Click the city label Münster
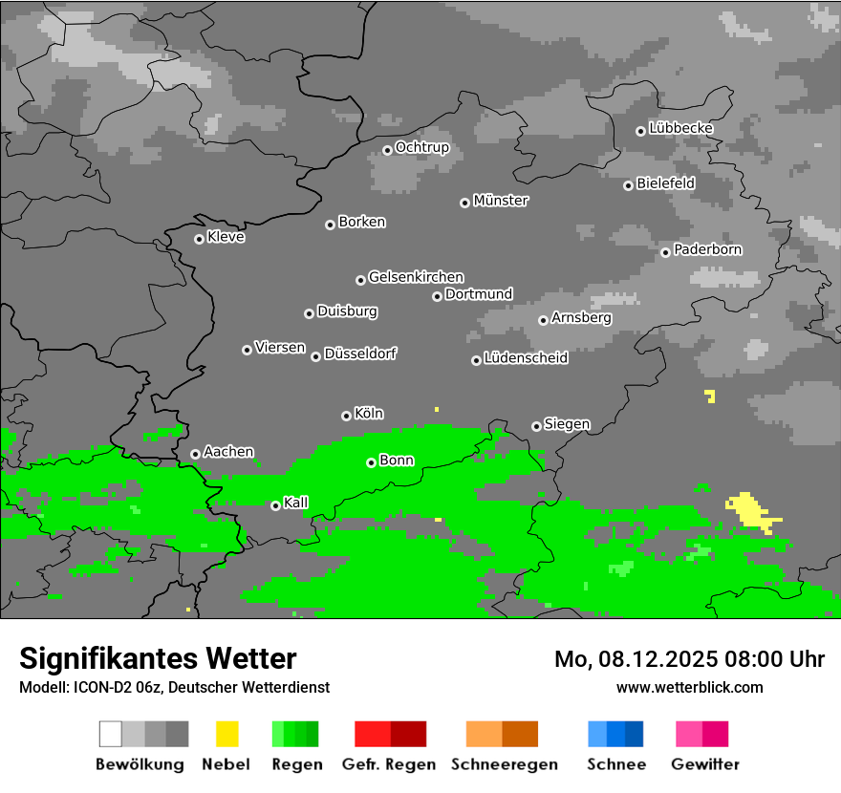[500, 201]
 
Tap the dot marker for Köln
[346, 416]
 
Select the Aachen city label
[228, 451]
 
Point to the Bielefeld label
[665, 182]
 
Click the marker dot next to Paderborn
[665, 252]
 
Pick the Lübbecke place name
[680, 128]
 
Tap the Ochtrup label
[421, 147]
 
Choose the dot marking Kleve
[199, 239]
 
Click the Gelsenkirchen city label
[416, 277]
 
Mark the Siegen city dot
[536, 426]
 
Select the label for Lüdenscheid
[526, 358]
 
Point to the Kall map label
[295, 503]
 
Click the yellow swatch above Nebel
[226, 734]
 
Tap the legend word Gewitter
[704, 764]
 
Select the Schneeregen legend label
[504, 764]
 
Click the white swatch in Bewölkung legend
[111, 734]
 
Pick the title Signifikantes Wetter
[158, 658]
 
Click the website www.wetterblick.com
[689, 687]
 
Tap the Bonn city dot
[371, 462]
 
